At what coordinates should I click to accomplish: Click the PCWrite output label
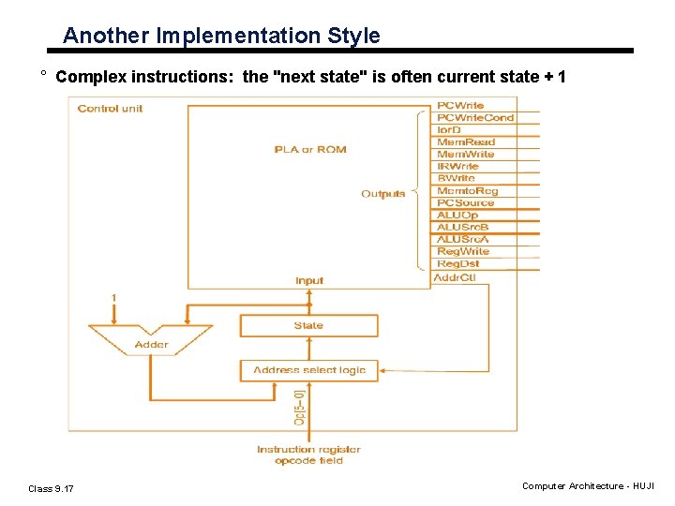(x=460, y=106)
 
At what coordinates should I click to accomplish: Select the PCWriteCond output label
(x=475, y=118)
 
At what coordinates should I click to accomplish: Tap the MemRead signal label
(x=466, y=142)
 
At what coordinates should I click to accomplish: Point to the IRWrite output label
(x=457, y=167)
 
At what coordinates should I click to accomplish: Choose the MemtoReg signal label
(x=468, y=191)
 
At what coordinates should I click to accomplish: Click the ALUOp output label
(x=457, y=216)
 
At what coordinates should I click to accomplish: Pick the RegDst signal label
(x=457, y=264)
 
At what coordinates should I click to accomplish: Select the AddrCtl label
(x=455, y=278)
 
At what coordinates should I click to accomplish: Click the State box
(x=308, y=326)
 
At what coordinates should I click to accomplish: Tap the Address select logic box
(x=308, y=370)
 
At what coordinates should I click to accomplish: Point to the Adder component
(x=151, y=343)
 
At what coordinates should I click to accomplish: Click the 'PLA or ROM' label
(x=309, y=150)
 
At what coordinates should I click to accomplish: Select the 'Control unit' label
(x=111, y=109)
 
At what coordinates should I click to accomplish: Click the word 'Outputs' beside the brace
(x=382, y=194)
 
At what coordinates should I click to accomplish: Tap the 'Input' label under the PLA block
(x=308, y=280)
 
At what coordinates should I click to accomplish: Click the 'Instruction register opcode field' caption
(x=308, y=454)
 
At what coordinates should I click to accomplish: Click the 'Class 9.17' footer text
(x=52, y=488)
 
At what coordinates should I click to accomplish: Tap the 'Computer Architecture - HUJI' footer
(x=589, y=486)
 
